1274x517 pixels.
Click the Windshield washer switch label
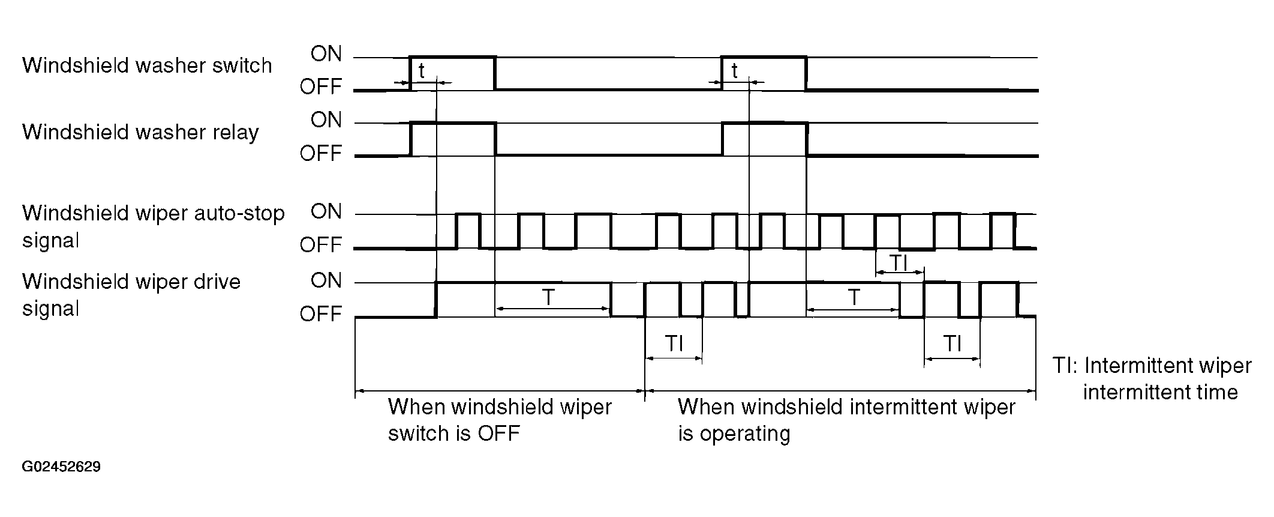(147, 65)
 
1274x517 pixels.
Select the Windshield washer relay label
(140, 132)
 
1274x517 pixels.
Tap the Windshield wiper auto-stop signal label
(154, 226)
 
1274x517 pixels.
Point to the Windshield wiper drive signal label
(131, 295)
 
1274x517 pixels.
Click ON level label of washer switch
(326, 54)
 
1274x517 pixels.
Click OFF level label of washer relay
(321, 154)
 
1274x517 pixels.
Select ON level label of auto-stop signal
(326, 212)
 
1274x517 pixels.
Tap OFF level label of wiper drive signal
(321, 314)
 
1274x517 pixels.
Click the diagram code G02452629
(61, 467)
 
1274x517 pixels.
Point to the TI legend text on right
(1152, 379)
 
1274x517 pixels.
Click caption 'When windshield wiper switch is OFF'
(500, 420)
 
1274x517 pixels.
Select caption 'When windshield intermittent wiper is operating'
(846, 420)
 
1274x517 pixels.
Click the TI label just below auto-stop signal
(898, 262)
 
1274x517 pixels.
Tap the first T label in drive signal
(548, 297)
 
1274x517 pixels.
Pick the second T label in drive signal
(854, 297)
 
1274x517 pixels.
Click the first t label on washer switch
(422, 71)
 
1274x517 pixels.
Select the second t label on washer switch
(734, 71)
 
